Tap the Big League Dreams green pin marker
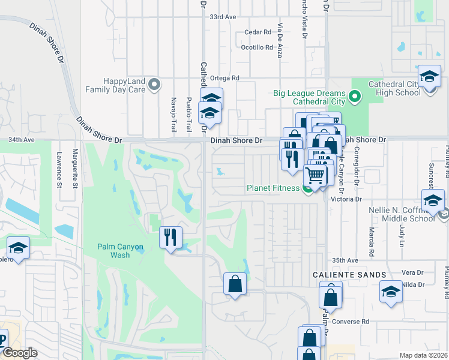click(354, 95)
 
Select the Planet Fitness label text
click(273, 188)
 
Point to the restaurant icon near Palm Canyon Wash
click(170, 237)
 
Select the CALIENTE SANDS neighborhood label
click(349, 274)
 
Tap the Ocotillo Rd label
click(256, 47)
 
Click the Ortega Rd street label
click(227, 78)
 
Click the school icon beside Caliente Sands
click(391, 293)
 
